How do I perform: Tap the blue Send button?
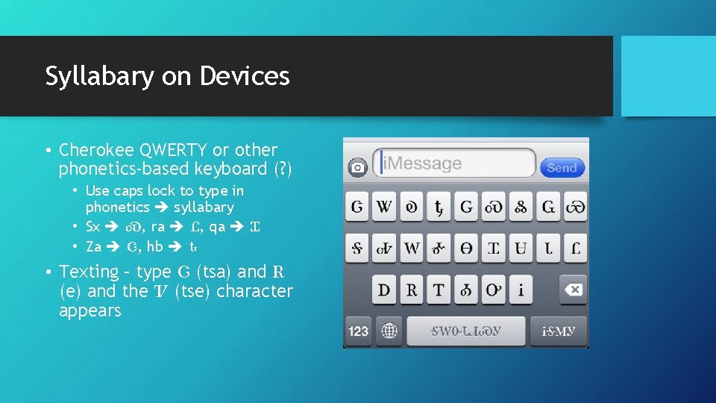pos(562,167)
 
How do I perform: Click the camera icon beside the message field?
pos(357,167)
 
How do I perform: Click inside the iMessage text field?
pos(455,163)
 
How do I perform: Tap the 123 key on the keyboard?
pos(358,331)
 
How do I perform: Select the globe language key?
pos(389,331)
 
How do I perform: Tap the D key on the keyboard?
pos(384,290)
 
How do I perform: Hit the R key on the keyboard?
pos(411,290)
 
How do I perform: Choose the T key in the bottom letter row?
pos(439,290)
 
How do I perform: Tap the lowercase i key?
pos(521,290)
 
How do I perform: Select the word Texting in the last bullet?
pos(89,272)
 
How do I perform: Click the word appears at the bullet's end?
pos(89,310)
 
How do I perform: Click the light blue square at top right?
pos(668,76)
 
